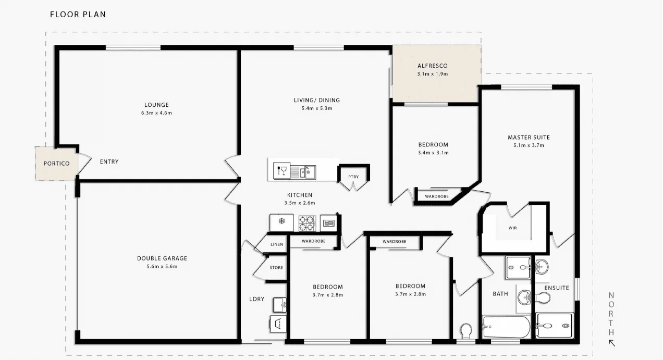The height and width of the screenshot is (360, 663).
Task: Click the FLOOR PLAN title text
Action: pyautogui.click(x=78, y=15)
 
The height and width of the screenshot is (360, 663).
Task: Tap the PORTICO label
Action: pyautogui.click(x=57, y=164)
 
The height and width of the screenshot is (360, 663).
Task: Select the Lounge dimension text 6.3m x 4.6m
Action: pyautogui.click(x=157, y=113)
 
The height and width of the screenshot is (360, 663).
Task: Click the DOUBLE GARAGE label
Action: pyautogui.click(x=162, y=258)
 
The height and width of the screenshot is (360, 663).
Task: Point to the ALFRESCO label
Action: pyautogui.click(x=432, y=66)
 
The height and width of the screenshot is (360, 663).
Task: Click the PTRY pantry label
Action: pyautogui.click(x=353, y=177)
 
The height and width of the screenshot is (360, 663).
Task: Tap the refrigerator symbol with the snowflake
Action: pyautogui.click(x=281, y=222)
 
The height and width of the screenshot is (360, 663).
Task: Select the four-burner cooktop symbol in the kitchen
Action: pyautogui.click(x=307, y=223)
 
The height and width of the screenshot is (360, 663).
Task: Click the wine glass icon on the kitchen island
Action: pyautogui.click(x=282, y=170)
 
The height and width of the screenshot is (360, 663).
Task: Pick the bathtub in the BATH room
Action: pyautogui.click(x=506, y=327)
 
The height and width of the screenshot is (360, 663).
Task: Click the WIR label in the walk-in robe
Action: pyautogui.click(x=513, y=228)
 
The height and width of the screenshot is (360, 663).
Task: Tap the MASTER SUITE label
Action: pyautogui.click(x=529, y=138)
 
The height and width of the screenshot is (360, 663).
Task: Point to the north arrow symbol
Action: pyautogui.click(x=612, y=343)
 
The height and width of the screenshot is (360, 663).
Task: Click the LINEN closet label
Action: pyautogui.click(x=276, y=245)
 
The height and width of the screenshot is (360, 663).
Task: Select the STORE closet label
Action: pyautogui.click(x=276, y=268)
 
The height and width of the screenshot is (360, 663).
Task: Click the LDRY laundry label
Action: pyautogui.click(x=256, y=299)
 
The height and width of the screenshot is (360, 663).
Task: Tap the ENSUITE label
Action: pyautogui.click(x=556, y=288)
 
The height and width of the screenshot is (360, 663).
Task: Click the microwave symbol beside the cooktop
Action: pyautogui.click(x=328, y=223)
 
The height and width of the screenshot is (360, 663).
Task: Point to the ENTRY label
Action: pyautogui.click(x=109, y=162)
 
